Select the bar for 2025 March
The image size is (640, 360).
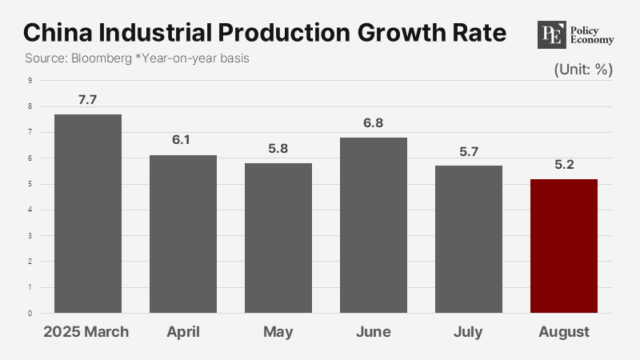coord(88,214)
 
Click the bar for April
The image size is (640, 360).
coord(183,234)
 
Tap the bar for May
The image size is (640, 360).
coord(278,238)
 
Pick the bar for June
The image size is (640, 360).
coord(374,225)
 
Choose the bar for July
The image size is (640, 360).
coord(469,239)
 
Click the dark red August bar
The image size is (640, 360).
coord(564,246)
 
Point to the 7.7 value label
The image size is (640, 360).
coord(88,101)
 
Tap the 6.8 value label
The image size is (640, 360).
coord(374,124)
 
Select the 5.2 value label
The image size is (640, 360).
coord(564,166)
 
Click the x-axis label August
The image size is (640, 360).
coord(564,332)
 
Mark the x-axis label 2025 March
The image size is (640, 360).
coord(86,332)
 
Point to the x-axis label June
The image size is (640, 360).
coord(374,332)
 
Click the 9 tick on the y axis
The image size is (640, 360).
coord(30,80)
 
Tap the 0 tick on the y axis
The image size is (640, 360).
coord(30,314)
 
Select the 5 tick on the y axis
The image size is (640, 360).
coord(30,184)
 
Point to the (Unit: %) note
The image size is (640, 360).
coord(583,70)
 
